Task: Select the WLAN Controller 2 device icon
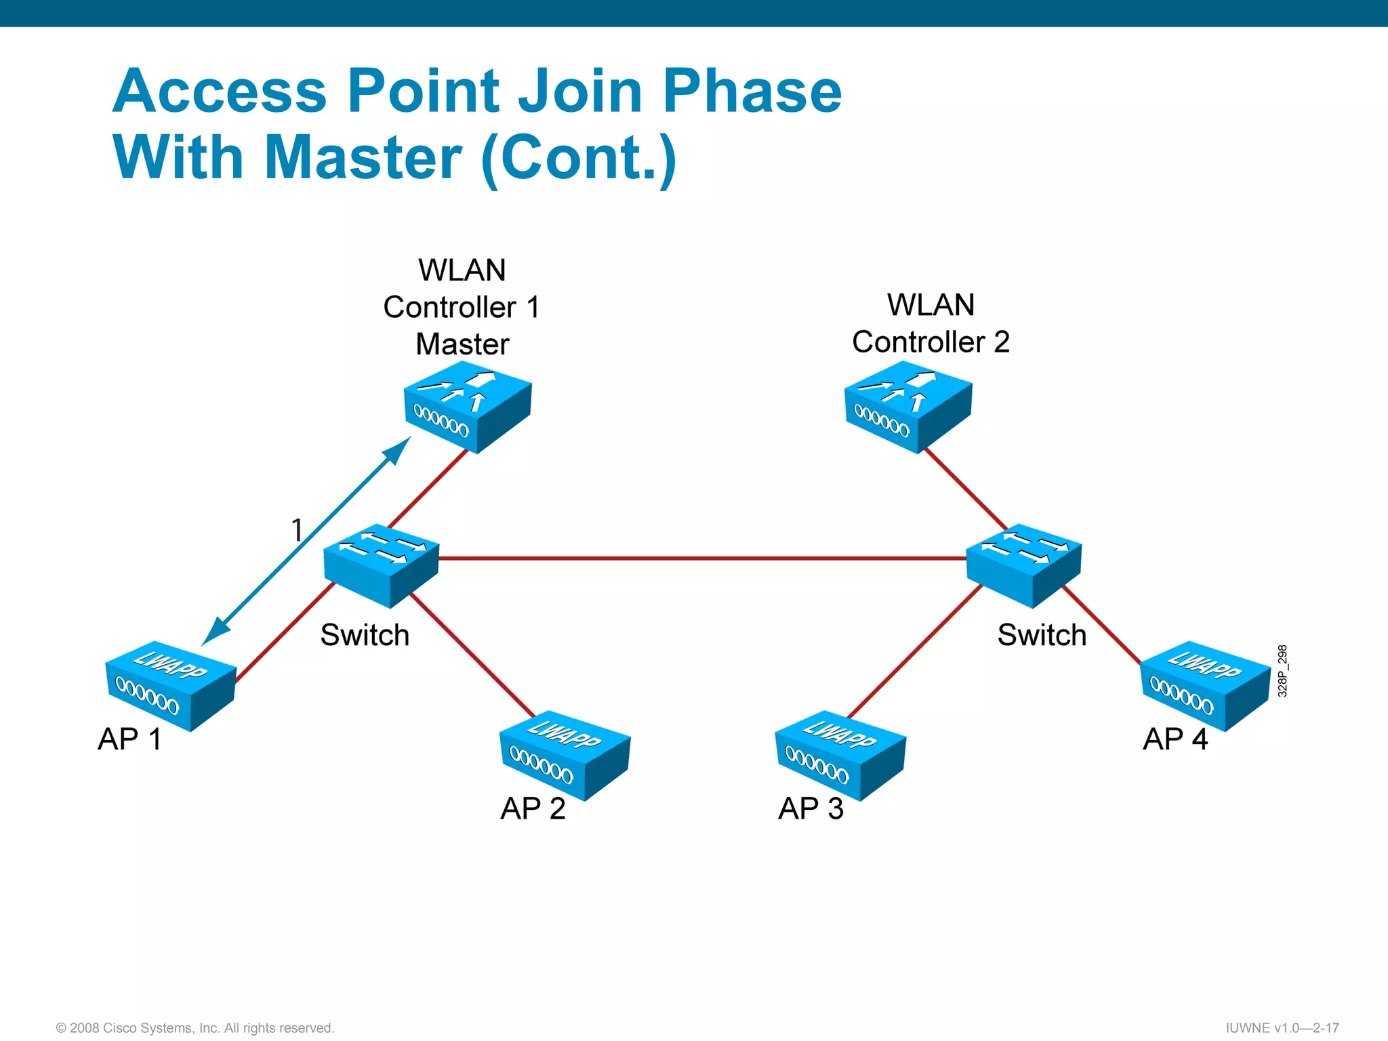pos(908,407)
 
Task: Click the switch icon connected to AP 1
pos(382,564)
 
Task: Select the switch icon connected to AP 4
pos(1023,564)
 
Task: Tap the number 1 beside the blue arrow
pos(297,530)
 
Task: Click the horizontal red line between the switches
pos(702,558)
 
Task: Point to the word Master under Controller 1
pos(462,344)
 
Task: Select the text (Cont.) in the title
pos(579,159)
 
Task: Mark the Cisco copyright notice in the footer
pos(195,1028)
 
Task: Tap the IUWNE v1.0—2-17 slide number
pos(1282,1028)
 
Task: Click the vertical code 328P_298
pos(1282,671)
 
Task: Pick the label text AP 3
pos(811,809)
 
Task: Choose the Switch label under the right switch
pos(1042,635)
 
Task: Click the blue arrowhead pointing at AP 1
pos(214,633)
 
